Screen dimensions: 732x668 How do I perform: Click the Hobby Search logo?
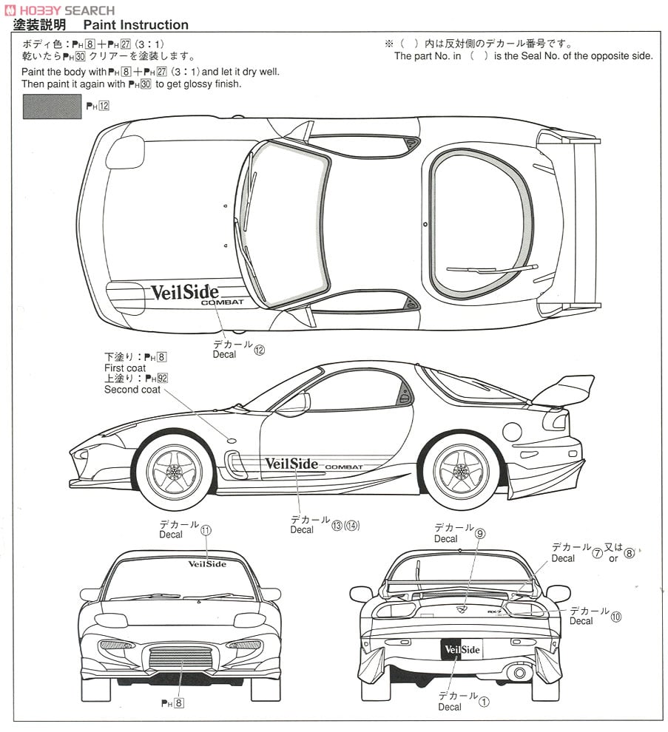click(x=60, y=10)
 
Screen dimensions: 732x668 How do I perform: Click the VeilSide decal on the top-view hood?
click(x=184, y=292)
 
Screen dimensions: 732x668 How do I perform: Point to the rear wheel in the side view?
click(x=461, y=470)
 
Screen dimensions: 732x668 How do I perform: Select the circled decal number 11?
click(x=206, y=529)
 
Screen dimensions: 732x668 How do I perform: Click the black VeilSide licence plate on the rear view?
click(x=461, y=649)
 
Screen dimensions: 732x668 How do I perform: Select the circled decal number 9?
click(x=480, y=533)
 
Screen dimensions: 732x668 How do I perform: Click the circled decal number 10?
click(x=616, y=617)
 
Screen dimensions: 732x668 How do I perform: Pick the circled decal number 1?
click(x=484, y=702)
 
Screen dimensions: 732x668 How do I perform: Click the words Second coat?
click(x=132, y=390)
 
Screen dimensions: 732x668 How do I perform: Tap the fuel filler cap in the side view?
click(x=512, y=432)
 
